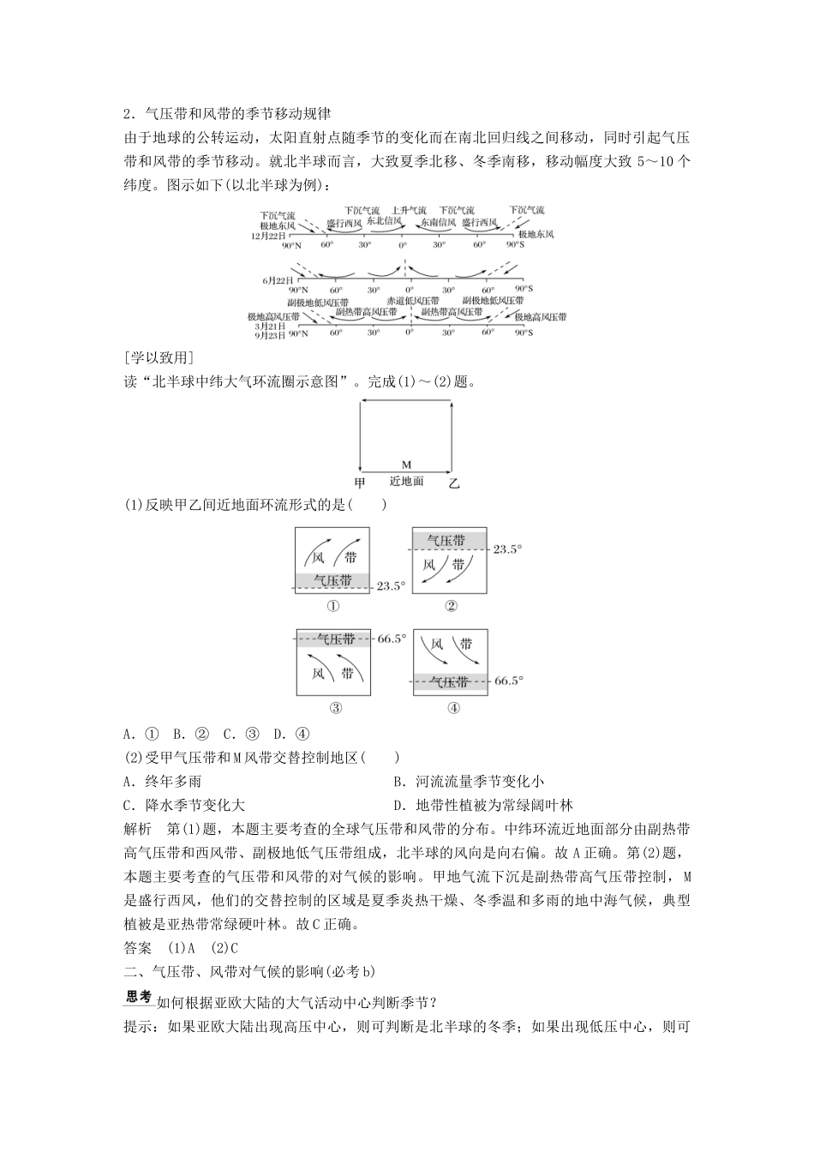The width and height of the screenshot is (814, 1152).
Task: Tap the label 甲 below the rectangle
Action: [360, 483]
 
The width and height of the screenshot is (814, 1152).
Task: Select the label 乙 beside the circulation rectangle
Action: [454, 483]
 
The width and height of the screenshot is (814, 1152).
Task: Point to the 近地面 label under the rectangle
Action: [407, 482]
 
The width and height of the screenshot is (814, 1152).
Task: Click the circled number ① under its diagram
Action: [333, 606]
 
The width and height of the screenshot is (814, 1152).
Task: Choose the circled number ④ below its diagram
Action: [453, 708]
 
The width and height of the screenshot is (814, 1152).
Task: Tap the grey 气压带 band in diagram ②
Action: [450, 540]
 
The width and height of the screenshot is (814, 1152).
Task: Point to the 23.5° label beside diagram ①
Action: [390, 586]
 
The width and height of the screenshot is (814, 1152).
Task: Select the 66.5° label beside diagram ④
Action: [507, 681]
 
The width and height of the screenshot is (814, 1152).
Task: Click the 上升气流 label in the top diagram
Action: [409, 210]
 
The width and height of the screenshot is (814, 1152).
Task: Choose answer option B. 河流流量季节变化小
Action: [468, 782]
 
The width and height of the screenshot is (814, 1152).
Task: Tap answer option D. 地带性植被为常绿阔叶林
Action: [482, 805]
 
